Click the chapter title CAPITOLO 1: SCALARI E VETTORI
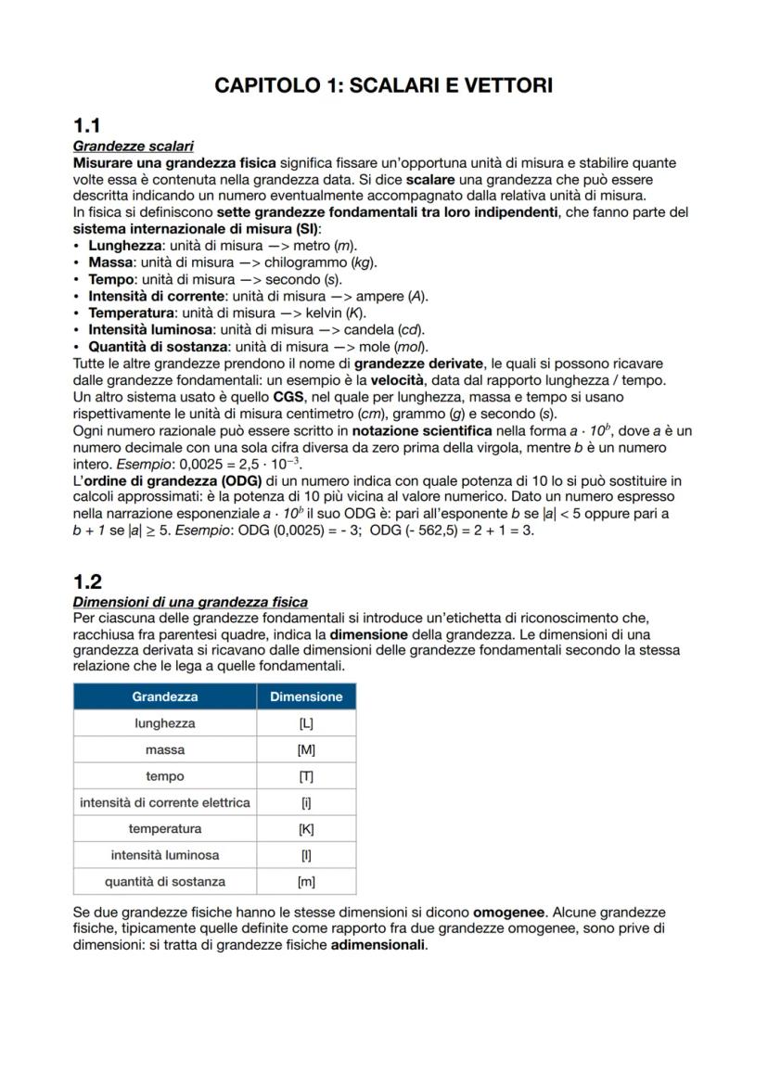(383, 85)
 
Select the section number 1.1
(87, 126)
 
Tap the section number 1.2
(87, 581)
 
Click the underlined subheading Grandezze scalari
(133, 147)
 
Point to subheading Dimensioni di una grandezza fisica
(190, 602)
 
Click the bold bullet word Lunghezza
(125, 246)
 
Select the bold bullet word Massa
(110, 262)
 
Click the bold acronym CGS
(277, 397)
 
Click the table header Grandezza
(165, 696)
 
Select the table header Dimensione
(306, 696)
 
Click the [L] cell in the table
(306, 723)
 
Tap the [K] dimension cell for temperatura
(306, 828)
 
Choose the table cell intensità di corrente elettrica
(165, 802)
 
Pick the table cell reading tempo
(165, 776)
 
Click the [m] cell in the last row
(306, 881)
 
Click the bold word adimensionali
(378, 946)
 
